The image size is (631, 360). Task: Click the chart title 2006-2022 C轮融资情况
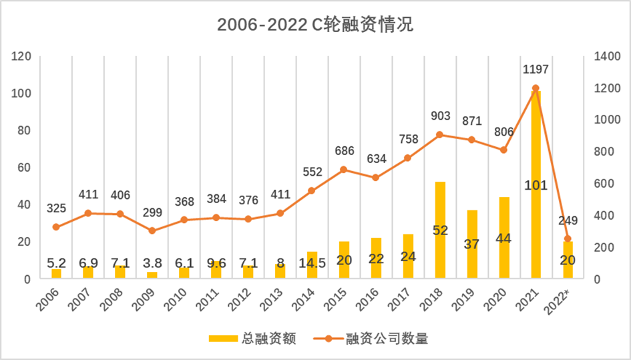pos(315,25)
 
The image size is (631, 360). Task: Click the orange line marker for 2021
pos(536,88)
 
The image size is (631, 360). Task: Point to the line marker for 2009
pos(152,230)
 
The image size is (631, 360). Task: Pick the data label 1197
pos(536,70)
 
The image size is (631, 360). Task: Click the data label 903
pos(440,117)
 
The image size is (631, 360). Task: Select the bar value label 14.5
pos(312,258)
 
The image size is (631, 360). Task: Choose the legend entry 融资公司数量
pos(387,339)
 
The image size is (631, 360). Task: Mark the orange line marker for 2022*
pos(568,238)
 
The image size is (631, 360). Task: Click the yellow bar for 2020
pos(503,237)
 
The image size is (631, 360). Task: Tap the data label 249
pos(568,221)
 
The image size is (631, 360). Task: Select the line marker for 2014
pos(312,190)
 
